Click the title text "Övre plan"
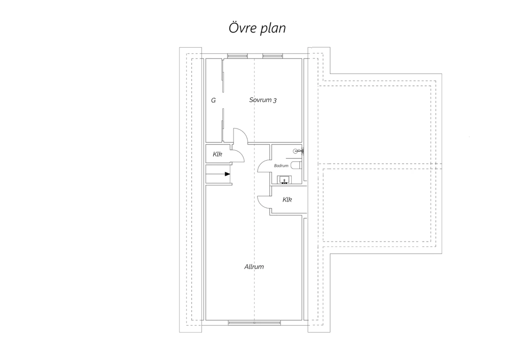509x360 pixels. point(257,28)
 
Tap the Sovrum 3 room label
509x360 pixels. point(263,100)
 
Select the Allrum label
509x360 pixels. point(254,267)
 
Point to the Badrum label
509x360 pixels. point(281,165)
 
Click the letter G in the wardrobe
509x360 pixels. point(213,100)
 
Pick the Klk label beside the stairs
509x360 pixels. point(217,154)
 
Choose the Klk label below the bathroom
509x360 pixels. point(287,199)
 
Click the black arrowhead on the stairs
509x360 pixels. point(227,174)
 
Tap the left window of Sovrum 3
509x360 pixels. point(238,56)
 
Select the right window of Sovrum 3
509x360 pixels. point(273,56)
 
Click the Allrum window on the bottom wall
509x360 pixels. point(254,323)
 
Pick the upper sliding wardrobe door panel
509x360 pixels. point(223,75)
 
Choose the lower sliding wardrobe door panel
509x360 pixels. point(223,125)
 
